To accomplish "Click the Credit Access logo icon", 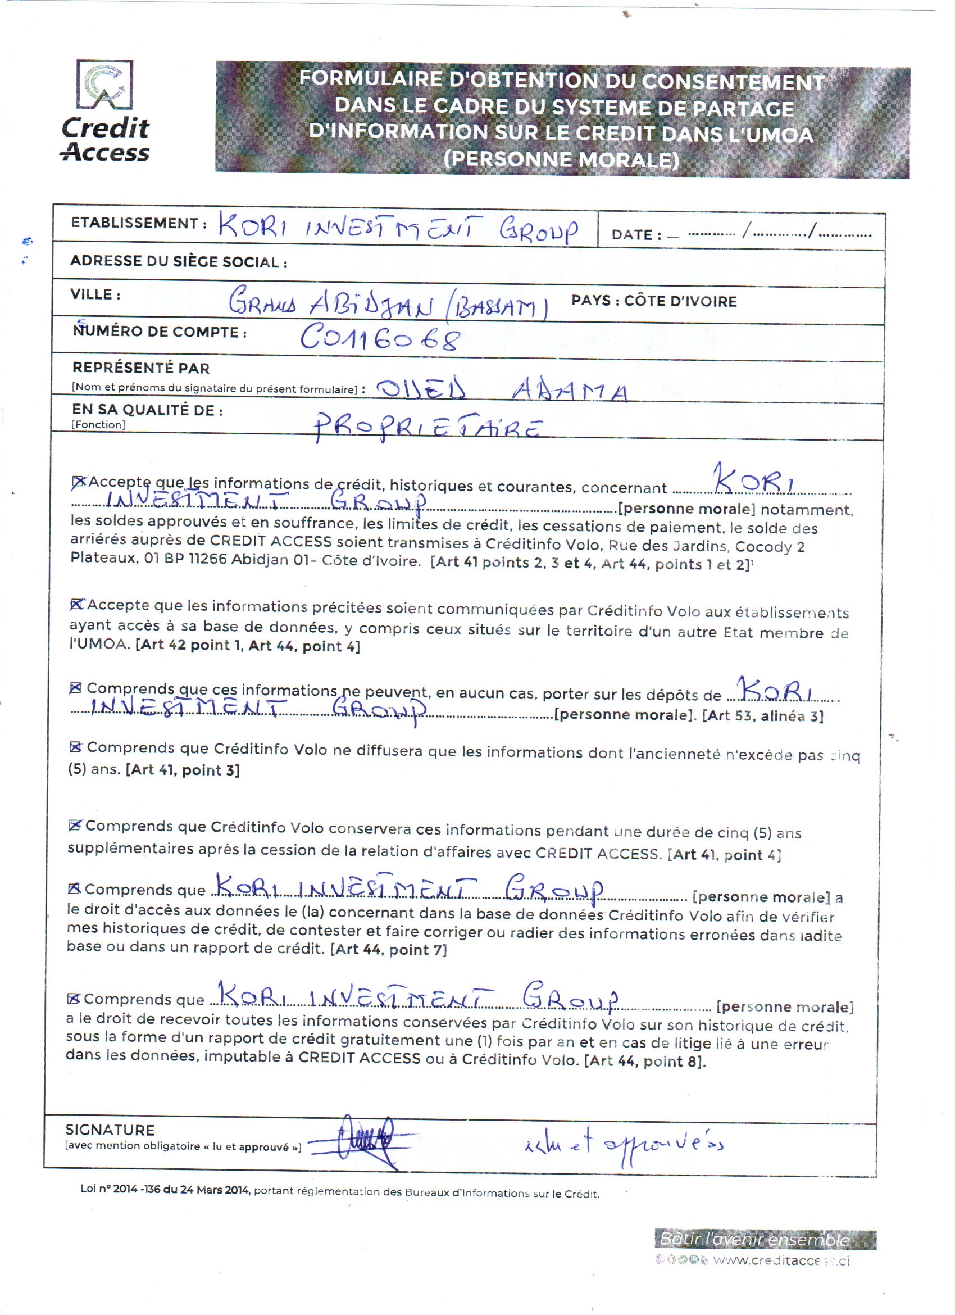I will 105,85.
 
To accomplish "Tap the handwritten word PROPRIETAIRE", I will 428,428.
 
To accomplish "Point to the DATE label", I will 636,235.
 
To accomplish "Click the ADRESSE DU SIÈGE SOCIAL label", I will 179,261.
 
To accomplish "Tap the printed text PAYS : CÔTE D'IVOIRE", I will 654,301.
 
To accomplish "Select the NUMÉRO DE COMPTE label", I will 160,332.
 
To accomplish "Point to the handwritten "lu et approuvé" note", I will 624,1144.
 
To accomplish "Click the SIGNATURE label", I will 110,1130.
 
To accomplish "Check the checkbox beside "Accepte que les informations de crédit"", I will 78,482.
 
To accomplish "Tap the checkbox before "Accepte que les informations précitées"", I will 76,605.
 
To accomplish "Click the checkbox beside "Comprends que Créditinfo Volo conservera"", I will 74,826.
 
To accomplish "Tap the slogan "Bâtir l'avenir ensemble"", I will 754,1240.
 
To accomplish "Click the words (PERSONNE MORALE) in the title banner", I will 561,160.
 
